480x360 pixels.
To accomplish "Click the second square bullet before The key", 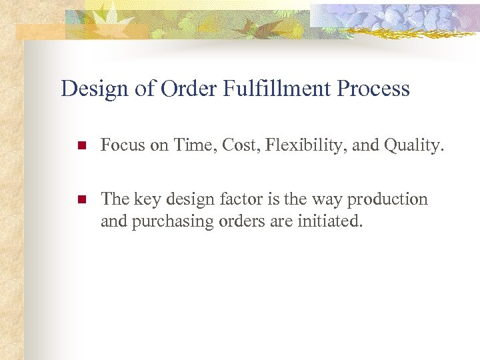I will click(81, 200).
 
